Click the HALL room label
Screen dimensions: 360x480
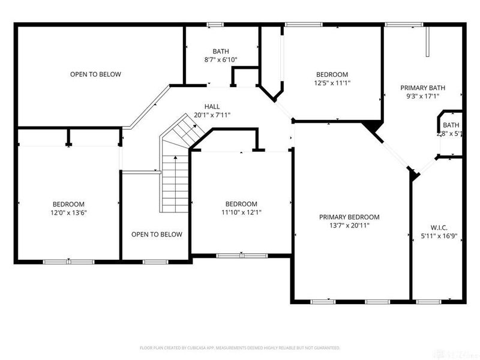tap(212, 105)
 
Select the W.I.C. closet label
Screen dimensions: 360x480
tap(439, 227)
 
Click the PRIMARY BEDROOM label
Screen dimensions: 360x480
tap(349, 217)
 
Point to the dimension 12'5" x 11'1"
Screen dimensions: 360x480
tap(332, 83)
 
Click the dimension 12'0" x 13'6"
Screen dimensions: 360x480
tap(68, 212)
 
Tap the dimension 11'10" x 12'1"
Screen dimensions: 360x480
tap(241, 212)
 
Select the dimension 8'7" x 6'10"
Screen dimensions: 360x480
tap(221, 60)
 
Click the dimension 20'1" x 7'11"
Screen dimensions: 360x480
tap(212, 115)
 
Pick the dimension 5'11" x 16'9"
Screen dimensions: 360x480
tap(439, 236)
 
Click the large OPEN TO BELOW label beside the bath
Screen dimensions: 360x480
tap(95, 74)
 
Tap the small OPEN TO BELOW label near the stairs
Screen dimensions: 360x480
tap(157, 235)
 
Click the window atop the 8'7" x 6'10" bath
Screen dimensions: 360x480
tap(215, 24)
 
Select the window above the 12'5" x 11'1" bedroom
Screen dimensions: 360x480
tap(304, 24)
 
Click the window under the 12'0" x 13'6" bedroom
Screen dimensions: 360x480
tap(69, 262)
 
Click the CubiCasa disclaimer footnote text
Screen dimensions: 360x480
tap(240, 347)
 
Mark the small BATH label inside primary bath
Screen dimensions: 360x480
tap(451, 125)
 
